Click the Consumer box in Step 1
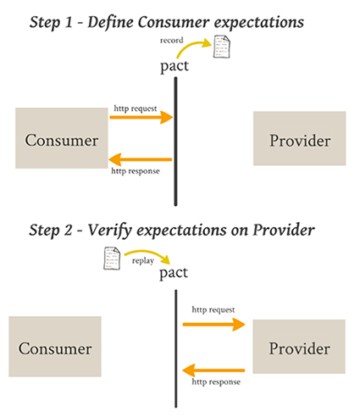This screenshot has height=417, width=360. (x=62, y=138)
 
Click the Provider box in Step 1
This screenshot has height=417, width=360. (x=300, y=138)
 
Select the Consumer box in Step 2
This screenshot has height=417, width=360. (x=55, y=347)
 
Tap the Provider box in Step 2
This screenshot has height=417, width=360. (x=299, y=347)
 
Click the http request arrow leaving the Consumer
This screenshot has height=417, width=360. (x=141, y=117)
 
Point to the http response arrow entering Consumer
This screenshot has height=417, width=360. (x=141, y=159)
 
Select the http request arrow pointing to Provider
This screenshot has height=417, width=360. (x=214, y=325)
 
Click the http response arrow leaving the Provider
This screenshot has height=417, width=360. (x=213, y=370)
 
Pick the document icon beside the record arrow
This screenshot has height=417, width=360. (x=222, y=47)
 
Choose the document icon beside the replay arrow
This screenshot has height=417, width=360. (x=112, y=258)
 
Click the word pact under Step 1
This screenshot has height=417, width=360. (x=174, y=66)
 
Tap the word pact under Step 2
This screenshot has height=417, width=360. (x=174, y=273)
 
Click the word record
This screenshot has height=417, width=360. (x=172, y=41)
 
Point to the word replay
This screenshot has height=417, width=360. (x=143, y=261)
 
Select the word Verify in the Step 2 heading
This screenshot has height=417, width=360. (x=109, y=231)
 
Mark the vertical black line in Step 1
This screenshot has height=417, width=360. (x=175, y=142)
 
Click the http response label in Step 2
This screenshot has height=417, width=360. (x=216, y=382)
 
